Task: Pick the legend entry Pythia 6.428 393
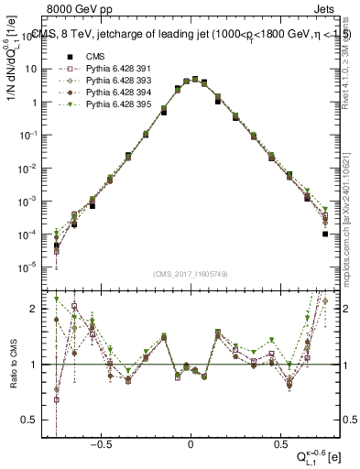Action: point(115,81)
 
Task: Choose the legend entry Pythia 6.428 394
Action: point(115,93)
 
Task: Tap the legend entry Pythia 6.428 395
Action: point(115,105)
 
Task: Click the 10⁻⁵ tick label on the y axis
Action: point(30,267)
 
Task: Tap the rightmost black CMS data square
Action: point(325,234)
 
